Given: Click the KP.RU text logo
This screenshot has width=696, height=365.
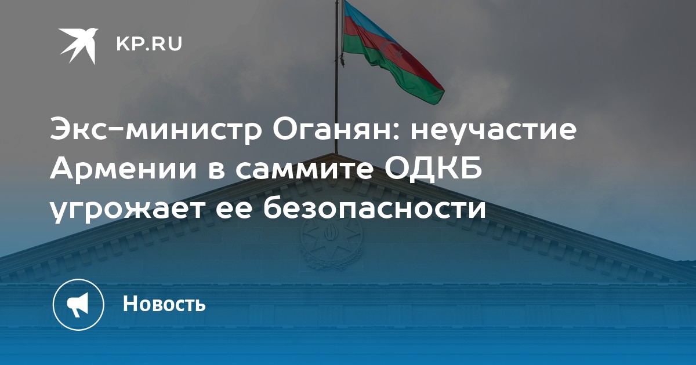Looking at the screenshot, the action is (x=149, y=44).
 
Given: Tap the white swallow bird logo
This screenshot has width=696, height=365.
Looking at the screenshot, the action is (x=78, y=46).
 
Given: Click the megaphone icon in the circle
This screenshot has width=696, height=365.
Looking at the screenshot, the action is (x=78, y=304).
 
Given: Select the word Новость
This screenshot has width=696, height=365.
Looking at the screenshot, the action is (x=164, y=304).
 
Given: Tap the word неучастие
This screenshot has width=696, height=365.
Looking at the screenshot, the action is (x=494, y=131).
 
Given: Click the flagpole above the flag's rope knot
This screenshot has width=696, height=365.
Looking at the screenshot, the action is (x=336, y=28).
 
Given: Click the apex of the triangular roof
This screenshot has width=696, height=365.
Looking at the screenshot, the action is (x=336, y=154).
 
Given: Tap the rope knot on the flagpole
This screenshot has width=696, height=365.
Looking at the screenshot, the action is (x=342, y=60).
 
